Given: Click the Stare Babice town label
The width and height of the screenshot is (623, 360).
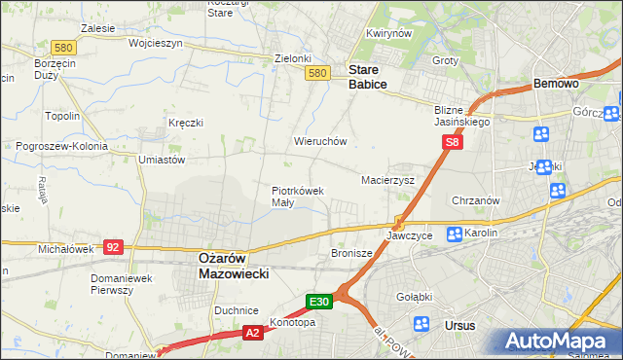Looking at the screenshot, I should click(x=368, y=77).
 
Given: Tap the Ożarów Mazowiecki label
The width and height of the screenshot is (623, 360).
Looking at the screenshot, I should click(x=232, y=266).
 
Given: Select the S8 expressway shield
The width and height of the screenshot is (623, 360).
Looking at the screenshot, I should click(x=452, y=142).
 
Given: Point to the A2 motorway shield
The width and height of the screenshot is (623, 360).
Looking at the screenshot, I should click(x=252, y=333).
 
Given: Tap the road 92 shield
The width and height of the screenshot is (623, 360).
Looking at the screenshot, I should click(x=113, y=247).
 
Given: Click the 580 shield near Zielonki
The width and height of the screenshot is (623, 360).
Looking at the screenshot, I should click(x=316, y=73).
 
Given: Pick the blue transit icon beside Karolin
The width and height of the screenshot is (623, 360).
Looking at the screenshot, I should click(x=455, y=234).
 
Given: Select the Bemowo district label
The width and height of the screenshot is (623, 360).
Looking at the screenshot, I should click(x=557, y=85).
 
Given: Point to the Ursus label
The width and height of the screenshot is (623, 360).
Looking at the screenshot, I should click(x=458, y=325).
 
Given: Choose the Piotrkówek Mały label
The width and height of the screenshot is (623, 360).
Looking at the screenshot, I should click(x=296, y=197).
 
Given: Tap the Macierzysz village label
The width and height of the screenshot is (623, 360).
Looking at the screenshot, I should click(x=388, y=181).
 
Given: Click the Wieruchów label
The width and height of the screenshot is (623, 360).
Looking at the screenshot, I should click(x=320, y=141).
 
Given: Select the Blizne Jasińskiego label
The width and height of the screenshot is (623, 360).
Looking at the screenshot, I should click(x=462, y=116).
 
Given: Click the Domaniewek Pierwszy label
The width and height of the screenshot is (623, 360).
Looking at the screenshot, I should click(x=119, y=283).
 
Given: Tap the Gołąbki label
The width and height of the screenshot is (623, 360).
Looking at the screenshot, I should click(x=414, y=297).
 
